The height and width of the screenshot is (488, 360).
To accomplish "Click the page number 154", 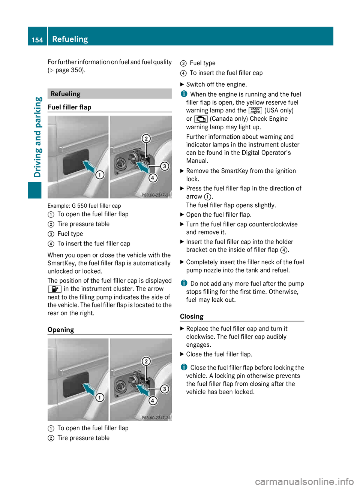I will pyautogui.click(x=37, y=40).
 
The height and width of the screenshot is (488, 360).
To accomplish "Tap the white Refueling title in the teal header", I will pyautogui.click(x=70, y=39).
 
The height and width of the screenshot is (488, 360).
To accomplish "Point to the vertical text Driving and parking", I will pyautogui.click(x=37, y=137).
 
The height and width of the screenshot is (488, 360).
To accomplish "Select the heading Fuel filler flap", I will pyautogui.click(x=69, y=107).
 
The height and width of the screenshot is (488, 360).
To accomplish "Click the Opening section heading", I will pyautogui.click(x=61, y=330).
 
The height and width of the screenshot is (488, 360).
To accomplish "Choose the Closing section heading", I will pyautogui.click(x=192, y=316).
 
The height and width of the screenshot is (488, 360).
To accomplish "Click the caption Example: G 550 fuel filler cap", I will pyautogui.click(x=84, y=206).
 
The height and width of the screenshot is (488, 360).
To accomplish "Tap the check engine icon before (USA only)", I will pyautogui.click(x=255, y=111).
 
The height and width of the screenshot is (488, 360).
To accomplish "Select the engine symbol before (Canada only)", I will pyautogui.click(x=201, y=119).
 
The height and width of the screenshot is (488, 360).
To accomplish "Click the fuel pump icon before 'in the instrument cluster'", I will pyautogui.click(x=54, y=289).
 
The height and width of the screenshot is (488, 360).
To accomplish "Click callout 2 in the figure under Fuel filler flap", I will pyautogui.click(x=146, y=138).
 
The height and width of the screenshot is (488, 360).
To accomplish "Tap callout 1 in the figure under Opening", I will pyautogui.click(x=100, y=398).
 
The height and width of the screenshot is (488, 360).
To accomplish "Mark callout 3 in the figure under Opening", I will pyautogui.click(x=164, y=389).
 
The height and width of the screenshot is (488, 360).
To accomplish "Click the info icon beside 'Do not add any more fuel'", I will pyautogui.click(x=183, y=283).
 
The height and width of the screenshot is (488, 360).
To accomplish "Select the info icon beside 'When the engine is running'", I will pyautogui.click(x=183, y=94).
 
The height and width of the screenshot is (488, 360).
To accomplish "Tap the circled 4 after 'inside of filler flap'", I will pyautogui.click(x=284, y=250).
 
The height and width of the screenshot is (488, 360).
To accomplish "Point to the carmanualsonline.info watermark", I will pyautogui.click(x=304, y=481).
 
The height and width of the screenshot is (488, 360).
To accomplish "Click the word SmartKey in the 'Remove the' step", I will pyautogui.click(x=234, y=171).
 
